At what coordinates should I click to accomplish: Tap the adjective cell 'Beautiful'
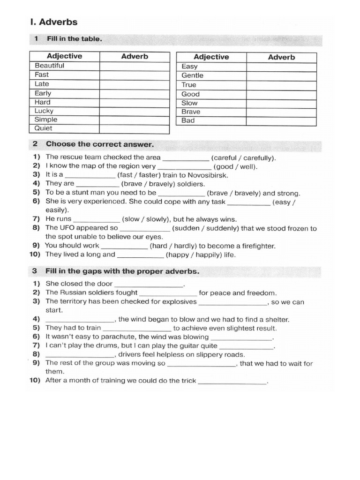49,66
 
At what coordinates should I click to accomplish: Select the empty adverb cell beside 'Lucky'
134,111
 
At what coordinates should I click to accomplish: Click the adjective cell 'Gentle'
193,75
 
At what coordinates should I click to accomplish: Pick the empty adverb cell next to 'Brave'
281,112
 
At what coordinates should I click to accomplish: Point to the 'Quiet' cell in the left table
44,128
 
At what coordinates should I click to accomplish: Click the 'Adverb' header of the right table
281,57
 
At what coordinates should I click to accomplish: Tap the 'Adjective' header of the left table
64,56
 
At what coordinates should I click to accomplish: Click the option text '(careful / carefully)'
243,157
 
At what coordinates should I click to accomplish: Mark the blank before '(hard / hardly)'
124,247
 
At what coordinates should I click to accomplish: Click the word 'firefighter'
256,246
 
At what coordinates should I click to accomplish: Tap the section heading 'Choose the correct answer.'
100,144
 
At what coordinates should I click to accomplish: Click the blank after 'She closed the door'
149,285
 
